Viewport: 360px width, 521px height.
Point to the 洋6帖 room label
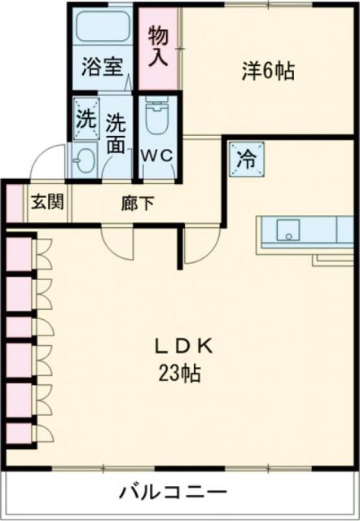tap(267, 71)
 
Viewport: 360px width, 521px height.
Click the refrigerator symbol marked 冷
tap(244, 158)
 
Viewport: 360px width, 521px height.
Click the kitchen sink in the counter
tap(287, 230)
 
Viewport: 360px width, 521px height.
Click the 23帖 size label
tap(181, 376)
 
